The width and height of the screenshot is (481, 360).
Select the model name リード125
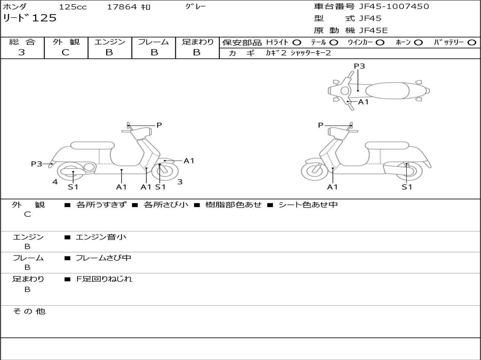pyautogui.click(x=30, y=18)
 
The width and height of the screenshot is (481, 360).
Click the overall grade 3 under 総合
pyautogui.click(x=22, y=52)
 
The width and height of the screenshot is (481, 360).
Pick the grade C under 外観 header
pyautogui.click(x=66, y=52)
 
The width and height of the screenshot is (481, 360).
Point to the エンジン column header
pyautogui.click(x=109, y=42)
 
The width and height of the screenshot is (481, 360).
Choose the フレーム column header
pyautogui.click(x=153, y=42)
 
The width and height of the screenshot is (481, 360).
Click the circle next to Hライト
pyautogui.click(x=296, y=43)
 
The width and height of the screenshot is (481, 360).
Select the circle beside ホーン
pyautogui.click(x=418, y=43)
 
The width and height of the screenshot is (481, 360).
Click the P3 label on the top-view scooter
pyautogui.click(x=359, y=66)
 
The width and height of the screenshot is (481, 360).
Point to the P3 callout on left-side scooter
pyautogui.click(x=37, y=164)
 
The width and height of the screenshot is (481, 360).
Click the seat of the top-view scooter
pyautogui.click(x=385, y=90)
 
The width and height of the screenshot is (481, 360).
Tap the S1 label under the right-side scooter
pyautogui.click(x=407, y=187)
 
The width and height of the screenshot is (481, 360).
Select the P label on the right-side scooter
pyautogui.click(x=320, y=125)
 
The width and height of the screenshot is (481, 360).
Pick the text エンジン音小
pyautogui.click(x=101, y=237)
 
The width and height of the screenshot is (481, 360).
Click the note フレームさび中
pyautogui.click(x=103, y=258)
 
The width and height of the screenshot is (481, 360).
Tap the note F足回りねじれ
pyautogui.click(x=104, y=279)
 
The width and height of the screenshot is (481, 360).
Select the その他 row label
pyautogui.click(x=29, y=311)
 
